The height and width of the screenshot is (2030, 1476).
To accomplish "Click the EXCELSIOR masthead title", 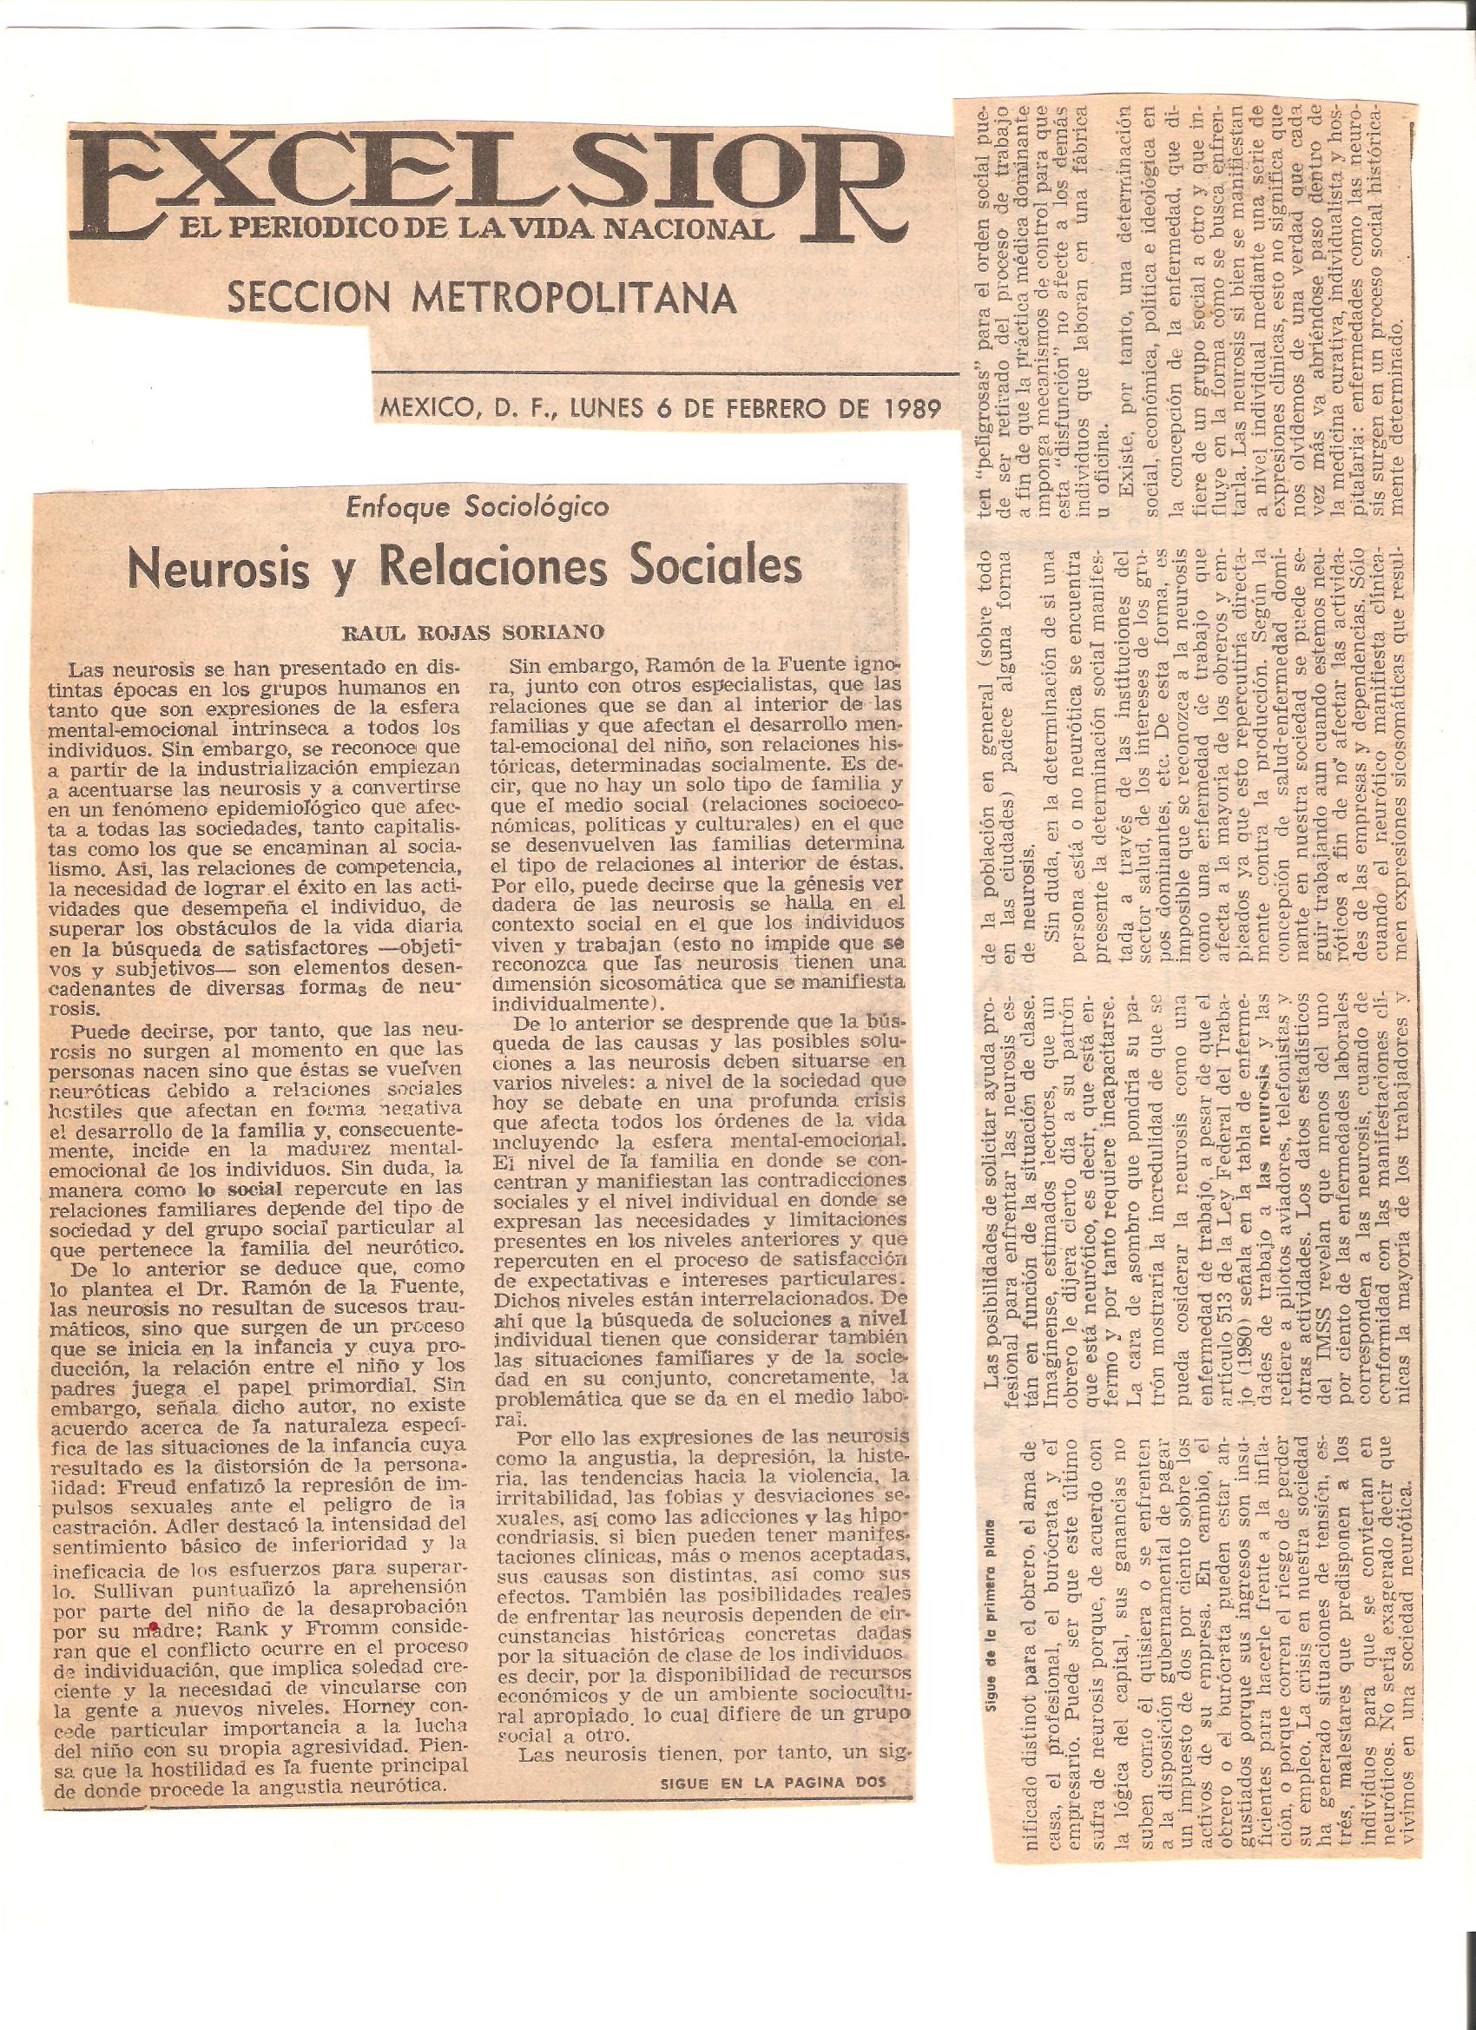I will (x=484, y=183).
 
